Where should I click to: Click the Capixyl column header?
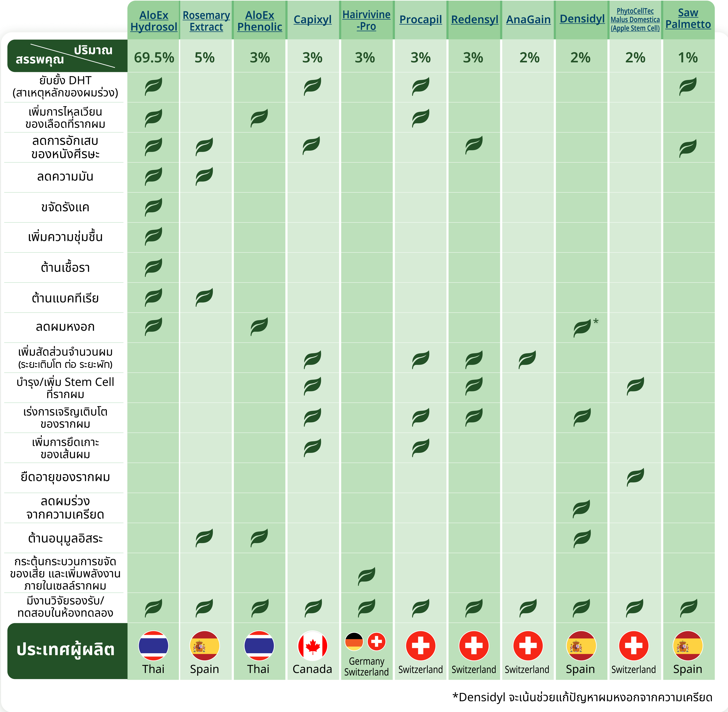tap(312, 20)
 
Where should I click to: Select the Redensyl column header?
tap(474, 20)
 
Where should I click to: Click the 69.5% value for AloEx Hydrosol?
tap(154, 57)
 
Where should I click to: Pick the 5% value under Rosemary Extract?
tap(205, 57)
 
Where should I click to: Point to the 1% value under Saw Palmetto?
tap(688, 57)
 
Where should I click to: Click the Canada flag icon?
tap(312, 646)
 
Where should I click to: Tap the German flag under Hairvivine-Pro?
tap(354, 642)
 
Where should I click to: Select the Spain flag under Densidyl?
tap(581, 646)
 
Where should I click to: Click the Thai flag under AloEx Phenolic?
tap(259, 646)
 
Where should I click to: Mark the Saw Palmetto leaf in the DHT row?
tap(688, 86)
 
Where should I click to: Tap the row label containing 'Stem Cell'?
tap(65, 388)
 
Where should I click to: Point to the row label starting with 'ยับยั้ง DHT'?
tap(65, 86)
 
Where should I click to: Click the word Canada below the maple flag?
tap(312, 669)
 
